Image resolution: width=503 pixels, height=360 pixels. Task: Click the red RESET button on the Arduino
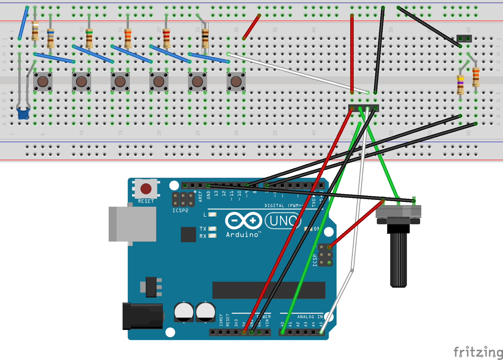[x=146, y=189]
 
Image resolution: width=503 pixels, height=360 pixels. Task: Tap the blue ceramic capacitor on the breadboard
[x=23, y=113]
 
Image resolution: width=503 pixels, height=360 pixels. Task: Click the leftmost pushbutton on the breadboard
[x=43, y=82]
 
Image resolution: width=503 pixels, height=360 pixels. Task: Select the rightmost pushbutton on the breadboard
[x=236, y=82]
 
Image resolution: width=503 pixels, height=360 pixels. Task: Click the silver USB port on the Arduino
[x=133, y=224]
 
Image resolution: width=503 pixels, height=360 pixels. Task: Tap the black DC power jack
[x=143, y=316]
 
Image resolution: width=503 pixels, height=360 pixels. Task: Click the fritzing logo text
[x=477, y=352]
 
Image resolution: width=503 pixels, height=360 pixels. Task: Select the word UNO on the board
[x=283, y=221]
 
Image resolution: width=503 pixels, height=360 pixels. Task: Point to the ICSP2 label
[x=180, y=211]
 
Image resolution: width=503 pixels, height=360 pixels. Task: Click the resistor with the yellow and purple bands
[x=460, y=84]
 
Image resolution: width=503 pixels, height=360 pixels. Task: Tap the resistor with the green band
[x=89, y=38]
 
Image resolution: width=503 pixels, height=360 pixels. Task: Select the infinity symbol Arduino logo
[x=244, y=221]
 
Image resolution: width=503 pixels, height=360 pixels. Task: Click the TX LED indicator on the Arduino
[x=212, y=229]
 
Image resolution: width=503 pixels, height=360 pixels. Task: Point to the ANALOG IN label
[x=310, y=317]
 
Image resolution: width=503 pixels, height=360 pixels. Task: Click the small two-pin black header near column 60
[x=464, y=38]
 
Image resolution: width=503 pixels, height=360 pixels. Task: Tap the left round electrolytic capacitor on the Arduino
[x=184, y=312]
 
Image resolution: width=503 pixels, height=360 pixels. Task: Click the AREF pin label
[x=200, y=196]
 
